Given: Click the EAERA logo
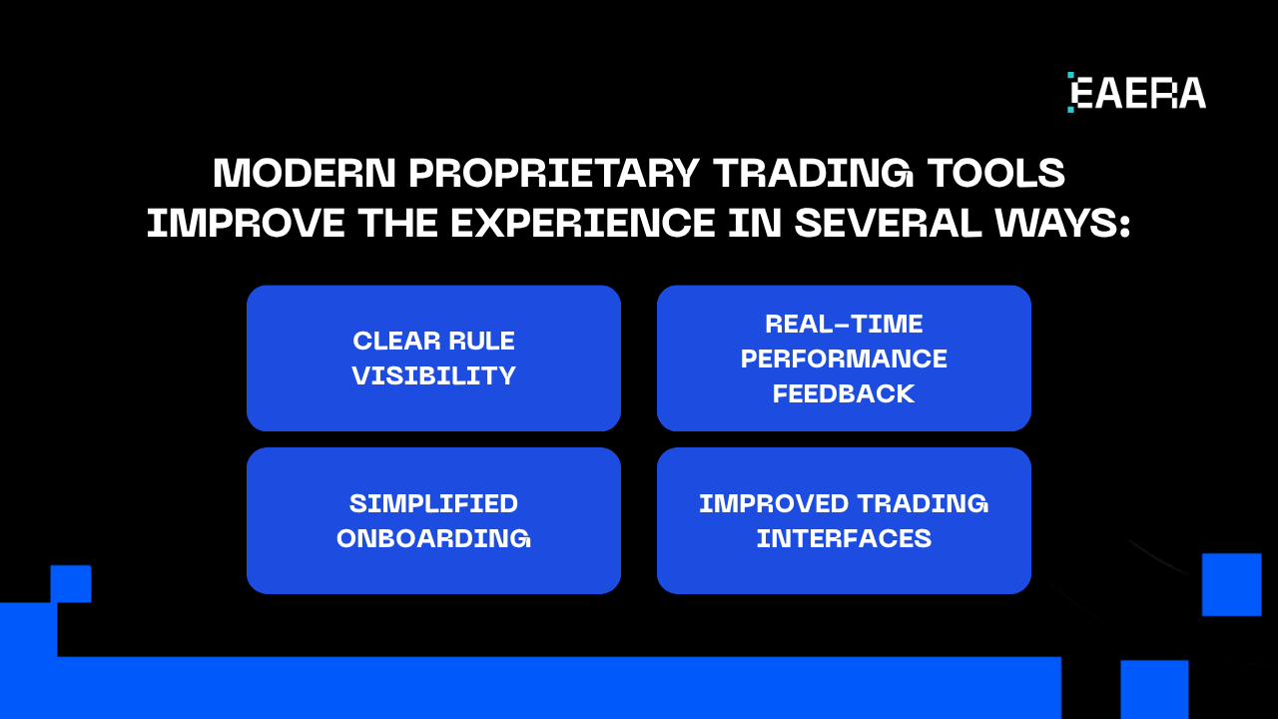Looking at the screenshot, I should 1136,93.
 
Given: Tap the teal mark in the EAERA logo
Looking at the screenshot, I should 1070,92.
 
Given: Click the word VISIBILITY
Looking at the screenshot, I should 433,376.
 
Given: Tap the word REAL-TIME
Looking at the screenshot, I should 844,325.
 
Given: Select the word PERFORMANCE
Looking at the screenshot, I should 844,359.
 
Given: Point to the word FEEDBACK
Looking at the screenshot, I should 844,393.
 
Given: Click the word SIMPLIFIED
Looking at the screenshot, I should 433,503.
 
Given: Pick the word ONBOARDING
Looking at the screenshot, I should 433,538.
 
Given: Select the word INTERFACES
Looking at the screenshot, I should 844,538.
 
